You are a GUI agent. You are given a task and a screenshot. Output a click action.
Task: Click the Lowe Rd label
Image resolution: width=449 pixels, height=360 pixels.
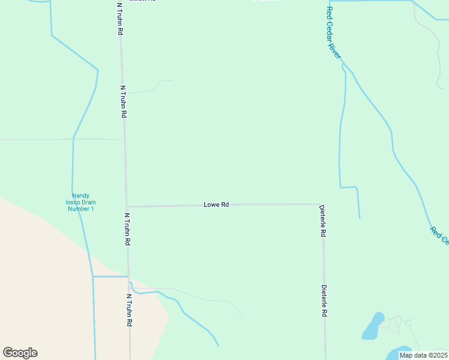216,205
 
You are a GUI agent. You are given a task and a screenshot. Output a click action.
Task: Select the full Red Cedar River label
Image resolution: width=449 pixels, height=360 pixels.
333,33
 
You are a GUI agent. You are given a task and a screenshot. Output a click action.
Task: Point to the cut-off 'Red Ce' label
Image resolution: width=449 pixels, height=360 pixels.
439,235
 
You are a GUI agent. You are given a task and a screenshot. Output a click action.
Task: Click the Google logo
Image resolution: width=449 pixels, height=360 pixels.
20,353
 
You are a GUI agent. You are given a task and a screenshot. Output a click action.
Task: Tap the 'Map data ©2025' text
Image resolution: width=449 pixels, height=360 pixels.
423,355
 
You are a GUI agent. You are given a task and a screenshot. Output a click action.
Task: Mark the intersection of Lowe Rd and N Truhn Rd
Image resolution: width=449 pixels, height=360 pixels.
127,206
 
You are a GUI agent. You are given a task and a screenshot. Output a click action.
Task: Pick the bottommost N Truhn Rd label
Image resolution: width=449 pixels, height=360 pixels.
130,310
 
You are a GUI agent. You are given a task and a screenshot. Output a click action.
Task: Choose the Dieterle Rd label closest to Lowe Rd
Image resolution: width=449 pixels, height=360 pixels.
323,221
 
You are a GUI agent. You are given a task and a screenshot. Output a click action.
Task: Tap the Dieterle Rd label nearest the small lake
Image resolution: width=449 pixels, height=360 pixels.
324,301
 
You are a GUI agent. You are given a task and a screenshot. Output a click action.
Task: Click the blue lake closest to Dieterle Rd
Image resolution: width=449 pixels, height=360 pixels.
373,326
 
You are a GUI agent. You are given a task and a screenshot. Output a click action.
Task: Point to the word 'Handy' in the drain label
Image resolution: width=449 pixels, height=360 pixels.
80,196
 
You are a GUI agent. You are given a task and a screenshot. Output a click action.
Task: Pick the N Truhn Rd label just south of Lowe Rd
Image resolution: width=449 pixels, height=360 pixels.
127,229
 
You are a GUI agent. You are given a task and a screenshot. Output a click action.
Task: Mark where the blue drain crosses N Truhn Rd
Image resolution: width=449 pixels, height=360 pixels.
129,277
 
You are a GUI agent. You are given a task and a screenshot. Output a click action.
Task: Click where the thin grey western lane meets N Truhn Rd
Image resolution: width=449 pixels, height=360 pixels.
124,139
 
